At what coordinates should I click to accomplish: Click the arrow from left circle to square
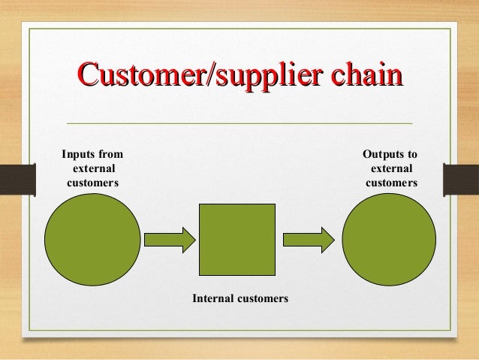(x=169, y=240)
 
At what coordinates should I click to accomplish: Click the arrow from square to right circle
(x=308, y=240)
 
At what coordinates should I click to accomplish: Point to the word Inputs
(x=77, y=156)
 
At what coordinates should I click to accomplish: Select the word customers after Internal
(x=263, y=298)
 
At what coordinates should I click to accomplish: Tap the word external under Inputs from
(x=93, y=169)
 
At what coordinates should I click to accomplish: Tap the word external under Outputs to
(x=391, y=169)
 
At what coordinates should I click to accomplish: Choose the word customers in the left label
(x=93, y=183)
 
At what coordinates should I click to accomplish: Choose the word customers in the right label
(x=391, y=183)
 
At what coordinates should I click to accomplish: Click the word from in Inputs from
(x=111, y=156)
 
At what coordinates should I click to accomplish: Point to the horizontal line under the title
(x=239, y=122)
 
